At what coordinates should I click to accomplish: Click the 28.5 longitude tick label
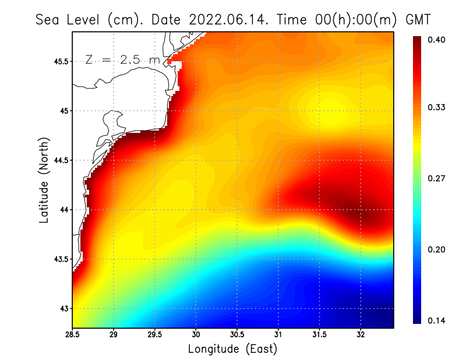point(73,335)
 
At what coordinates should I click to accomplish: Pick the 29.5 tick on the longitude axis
point(155,335)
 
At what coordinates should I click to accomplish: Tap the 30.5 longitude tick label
point(237,335)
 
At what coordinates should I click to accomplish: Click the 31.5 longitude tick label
point(319,335)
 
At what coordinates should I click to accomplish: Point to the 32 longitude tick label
point(361,335)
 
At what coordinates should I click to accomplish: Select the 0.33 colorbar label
point(437,107)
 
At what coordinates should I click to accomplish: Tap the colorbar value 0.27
point(437,179)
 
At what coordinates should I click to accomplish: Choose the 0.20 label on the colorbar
point(437,249)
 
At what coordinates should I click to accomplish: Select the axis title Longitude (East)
point(232,349)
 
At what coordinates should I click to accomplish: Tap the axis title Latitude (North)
point(44,180)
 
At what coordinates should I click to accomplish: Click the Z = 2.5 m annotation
point(123,59)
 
